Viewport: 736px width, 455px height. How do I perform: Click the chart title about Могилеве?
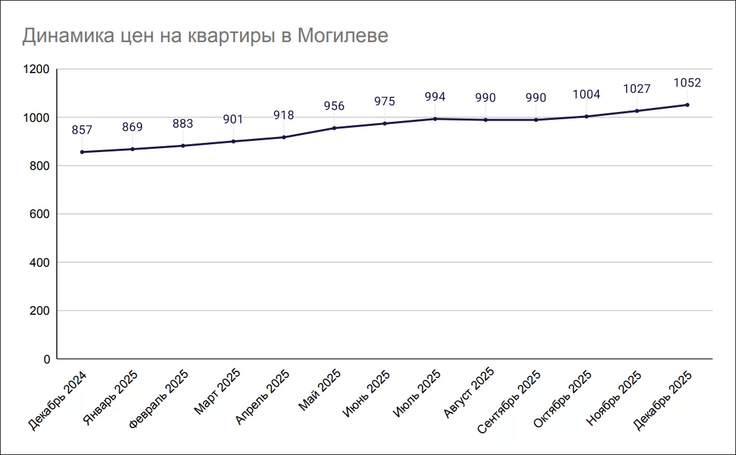click(x=205, y=36)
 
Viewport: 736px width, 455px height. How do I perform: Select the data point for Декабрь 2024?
click(x=82, y=152)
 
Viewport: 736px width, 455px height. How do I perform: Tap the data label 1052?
click(x=687, y=83)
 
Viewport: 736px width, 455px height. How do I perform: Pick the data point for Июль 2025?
click(x=435, y=119)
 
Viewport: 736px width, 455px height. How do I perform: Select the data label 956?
click(x=334, y=106)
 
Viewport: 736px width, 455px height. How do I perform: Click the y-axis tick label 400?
click(x=40, y=263)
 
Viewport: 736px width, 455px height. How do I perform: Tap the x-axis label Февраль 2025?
click(x=159, y=398)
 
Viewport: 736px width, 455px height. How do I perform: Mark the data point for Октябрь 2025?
click(x=587, y=117)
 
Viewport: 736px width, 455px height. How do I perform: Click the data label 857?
click(x=82, y=130)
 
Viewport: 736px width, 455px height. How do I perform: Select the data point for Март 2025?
click(x=233, y=142)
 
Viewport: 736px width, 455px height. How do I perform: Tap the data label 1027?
click(x=637, y=89)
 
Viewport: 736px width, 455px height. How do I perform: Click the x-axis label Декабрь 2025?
click(x=662, y=399)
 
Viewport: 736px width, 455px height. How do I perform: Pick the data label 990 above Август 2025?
click(x=485, y=98)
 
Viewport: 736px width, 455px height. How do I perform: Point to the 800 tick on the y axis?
click(x=40, y=166)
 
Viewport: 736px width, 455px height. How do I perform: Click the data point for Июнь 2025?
click(x=384, y=123)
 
